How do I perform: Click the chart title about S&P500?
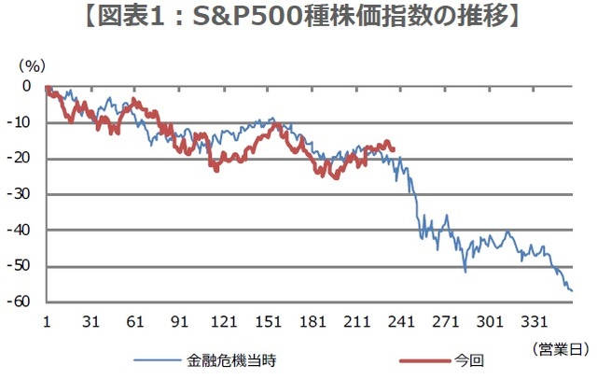298,18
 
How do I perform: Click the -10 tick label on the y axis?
24,122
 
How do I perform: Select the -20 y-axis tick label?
24,159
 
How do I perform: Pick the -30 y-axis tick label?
24,194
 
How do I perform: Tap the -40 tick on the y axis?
24,231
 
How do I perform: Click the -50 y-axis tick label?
24,266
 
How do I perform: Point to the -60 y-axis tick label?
24,302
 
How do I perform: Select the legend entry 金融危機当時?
231,358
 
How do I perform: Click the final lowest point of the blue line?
571,291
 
